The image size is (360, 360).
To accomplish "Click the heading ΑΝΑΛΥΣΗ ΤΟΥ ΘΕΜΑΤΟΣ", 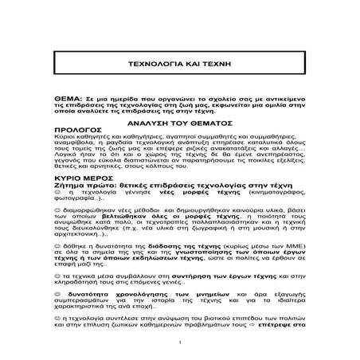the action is point(179,126).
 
